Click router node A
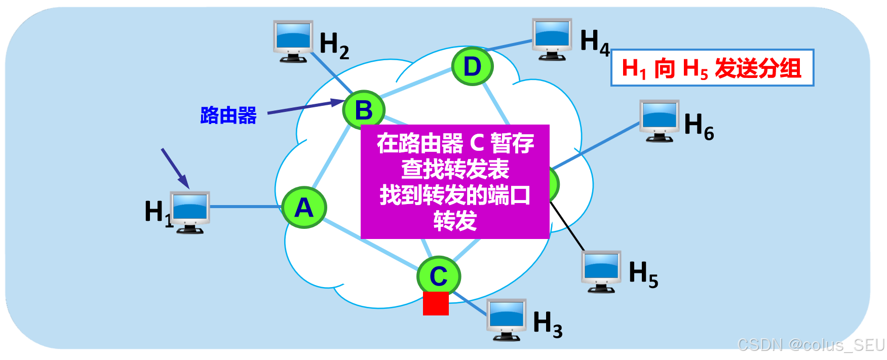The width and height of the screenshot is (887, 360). click(x=304, y=208)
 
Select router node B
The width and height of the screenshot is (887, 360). click(x=364, y=110)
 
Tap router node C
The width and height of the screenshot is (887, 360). click(x=439, y=276)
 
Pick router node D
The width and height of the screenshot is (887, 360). click(x=472, y=66)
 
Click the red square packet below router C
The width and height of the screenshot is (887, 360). click(x=436, y=303)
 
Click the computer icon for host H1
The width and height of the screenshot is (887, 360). click(x=190, y=212)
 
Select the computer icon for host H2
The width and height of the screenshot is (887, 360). click(x=293, y=41)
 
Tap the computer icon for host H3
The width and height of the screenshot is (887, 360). click(x=506, y=319)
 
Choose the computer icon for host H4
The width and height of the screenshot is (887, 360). click(x=552, y=39)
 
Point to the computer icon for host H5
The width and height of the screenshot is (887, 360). click(x=601, y=271)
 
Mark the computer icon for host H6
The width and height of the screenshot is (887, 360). click(x=659, y=121)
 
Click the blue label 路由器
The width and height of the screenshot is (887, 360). click(x=228, y=115)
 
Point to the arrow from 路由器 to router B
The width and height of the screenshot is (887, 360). click(x=304, y=107)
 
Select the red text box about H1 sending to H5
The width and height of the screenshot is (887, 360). click(x=712, y=68)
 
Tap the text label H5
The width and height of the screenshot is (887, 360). click(x=643, y=274)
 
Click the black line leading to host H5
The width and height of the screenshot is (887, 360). click(x=567, y=226)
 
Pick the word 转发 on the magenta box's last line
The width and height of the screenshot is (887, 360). click(x=455, y=221)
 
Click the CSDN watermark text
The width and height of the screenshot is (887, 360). click(x=811, y=345)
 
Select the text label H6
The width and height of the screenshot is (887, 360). click(x=699, y=126)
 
